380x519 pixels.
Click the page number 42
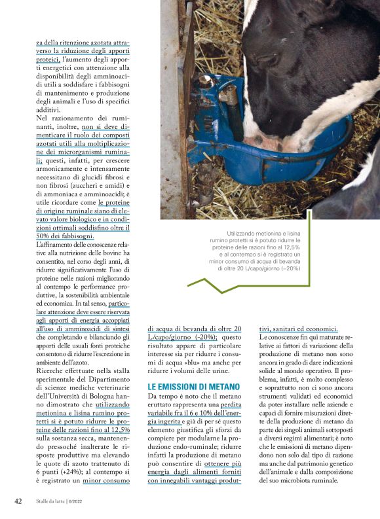[x=18, y=501]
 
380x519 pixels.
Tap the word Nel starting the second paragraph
[x=42, y=118]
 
